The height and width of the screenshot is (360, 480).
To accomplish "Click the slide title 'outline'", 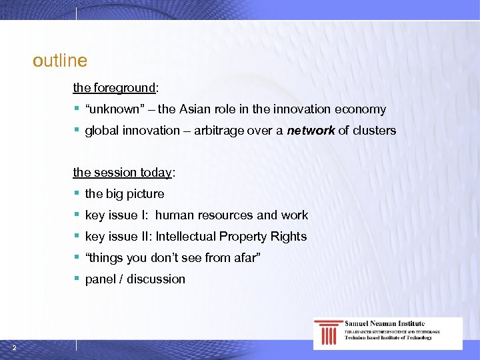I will [60, 61].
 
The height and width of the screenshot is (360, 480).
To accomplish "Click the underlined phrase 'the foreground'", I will [114, 87].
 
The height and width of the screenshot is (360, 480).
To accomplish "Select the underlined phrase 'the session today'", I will [123, 173].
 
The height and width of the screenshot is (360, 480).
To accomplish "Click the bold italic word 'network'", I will [311, 131].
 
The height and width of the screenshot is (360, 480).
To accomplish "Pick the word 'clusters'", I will [375, 131].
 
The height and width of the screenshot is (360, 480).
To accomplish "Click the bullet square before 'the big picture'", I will [77, 193].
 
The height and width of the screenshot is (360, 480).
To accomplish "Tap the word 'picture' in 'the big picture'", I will [145, 194].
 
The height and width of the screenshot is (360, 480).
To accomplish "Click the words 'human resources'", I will [204, 215].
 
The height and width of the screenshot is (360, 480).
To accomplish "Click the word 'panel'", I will [101, 279].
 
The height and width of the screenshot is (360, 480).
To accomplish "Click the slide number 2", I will [14, 346].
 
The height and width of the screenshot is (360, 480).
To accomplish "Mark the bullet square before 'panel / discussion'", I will [77, 279].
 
